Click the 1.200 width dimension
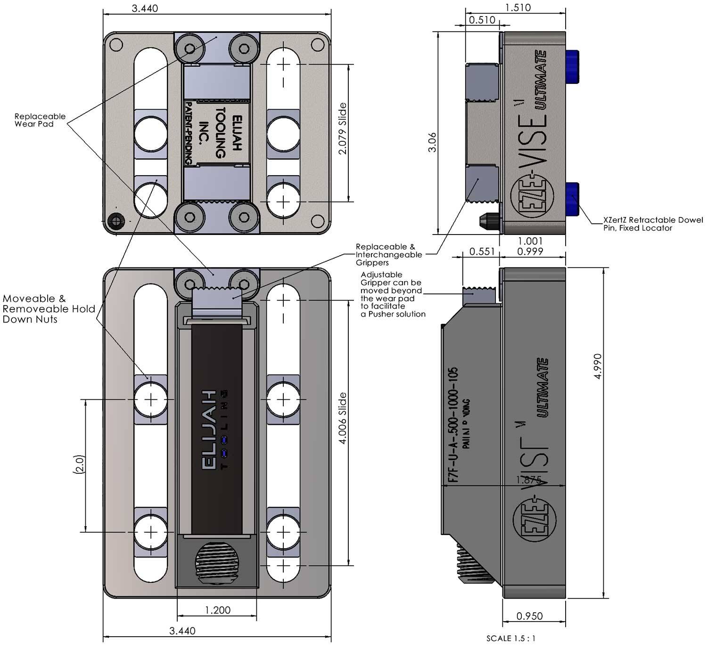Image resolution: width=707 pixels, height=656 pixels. click(218, 610)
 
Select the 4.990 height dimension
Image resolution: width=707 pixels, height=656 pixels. click(598, 366)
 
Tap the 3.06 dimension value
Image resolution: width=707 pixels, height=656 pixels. click(432, 142)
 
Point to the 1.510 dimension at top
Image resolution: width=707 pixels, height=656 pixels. click(518, 8)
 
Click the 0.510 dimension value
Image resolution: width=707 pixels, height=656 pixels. click(482, 20)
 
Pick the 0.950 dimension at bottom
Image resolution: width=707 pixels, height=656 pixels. click(529, 616)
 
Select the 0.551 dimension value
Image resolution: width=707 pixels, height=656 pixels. click(482, 251)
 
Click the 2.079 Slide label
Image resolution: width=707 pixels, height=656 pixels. click(343, 128)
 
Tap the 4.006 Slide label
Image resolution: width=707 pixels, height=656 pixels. click(343, 418)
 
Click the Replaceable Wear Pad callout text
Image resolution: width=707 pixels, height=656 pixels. click(40, 120)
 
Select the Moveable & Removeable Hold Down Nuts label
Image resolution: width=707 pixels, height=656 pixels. click(49, 309)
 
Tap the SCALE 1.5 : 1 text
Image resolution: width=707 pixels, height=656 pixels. click(510, 639)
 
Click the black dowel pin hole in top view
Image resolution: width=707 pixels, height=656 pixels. click(115, 220)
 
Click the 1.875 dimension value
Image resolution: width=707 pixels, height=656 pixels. click(528, 480)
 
